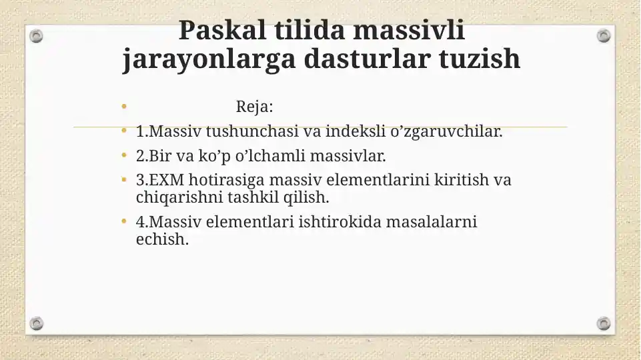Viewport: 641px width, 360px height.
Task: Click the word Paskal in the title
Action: coord(222,30)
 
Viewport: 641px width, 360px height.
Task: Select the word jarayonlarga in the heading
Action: coord(209,59)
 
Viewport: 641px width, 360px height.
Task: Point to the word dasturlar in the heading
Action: coord(367,59)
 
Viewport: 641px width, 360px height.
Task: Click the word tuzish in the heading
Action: coord(480,59)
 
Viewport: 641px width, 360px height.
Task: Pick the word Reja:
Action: coord(254,107)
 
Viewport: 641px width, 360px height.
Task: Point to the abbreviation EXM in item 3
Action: coord(166,180)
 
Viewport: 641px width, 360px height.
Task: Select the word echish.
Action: coord(162,239)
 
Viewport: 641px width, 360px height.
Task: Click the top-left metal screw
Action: coord(36,36)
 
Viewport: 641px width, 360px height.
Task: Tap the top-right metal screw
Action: coord(604,36)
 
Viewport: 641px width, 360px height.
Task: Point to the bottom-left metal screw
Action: coord(36,323)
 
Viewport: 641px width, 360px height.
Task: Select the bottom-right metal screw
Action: coord(604,323)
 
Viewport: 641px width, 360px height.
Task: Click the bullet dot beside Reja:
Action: coord(124,107)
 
